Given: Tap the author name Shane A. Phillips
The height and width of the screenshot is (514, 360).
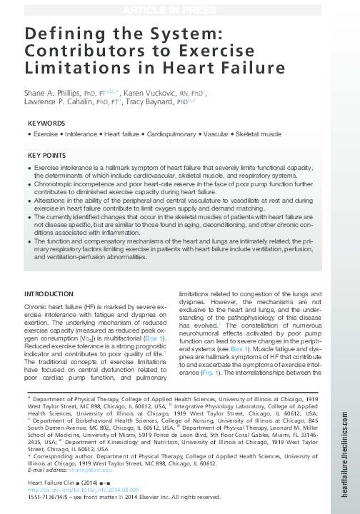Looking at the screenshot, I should click(54, 93).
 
